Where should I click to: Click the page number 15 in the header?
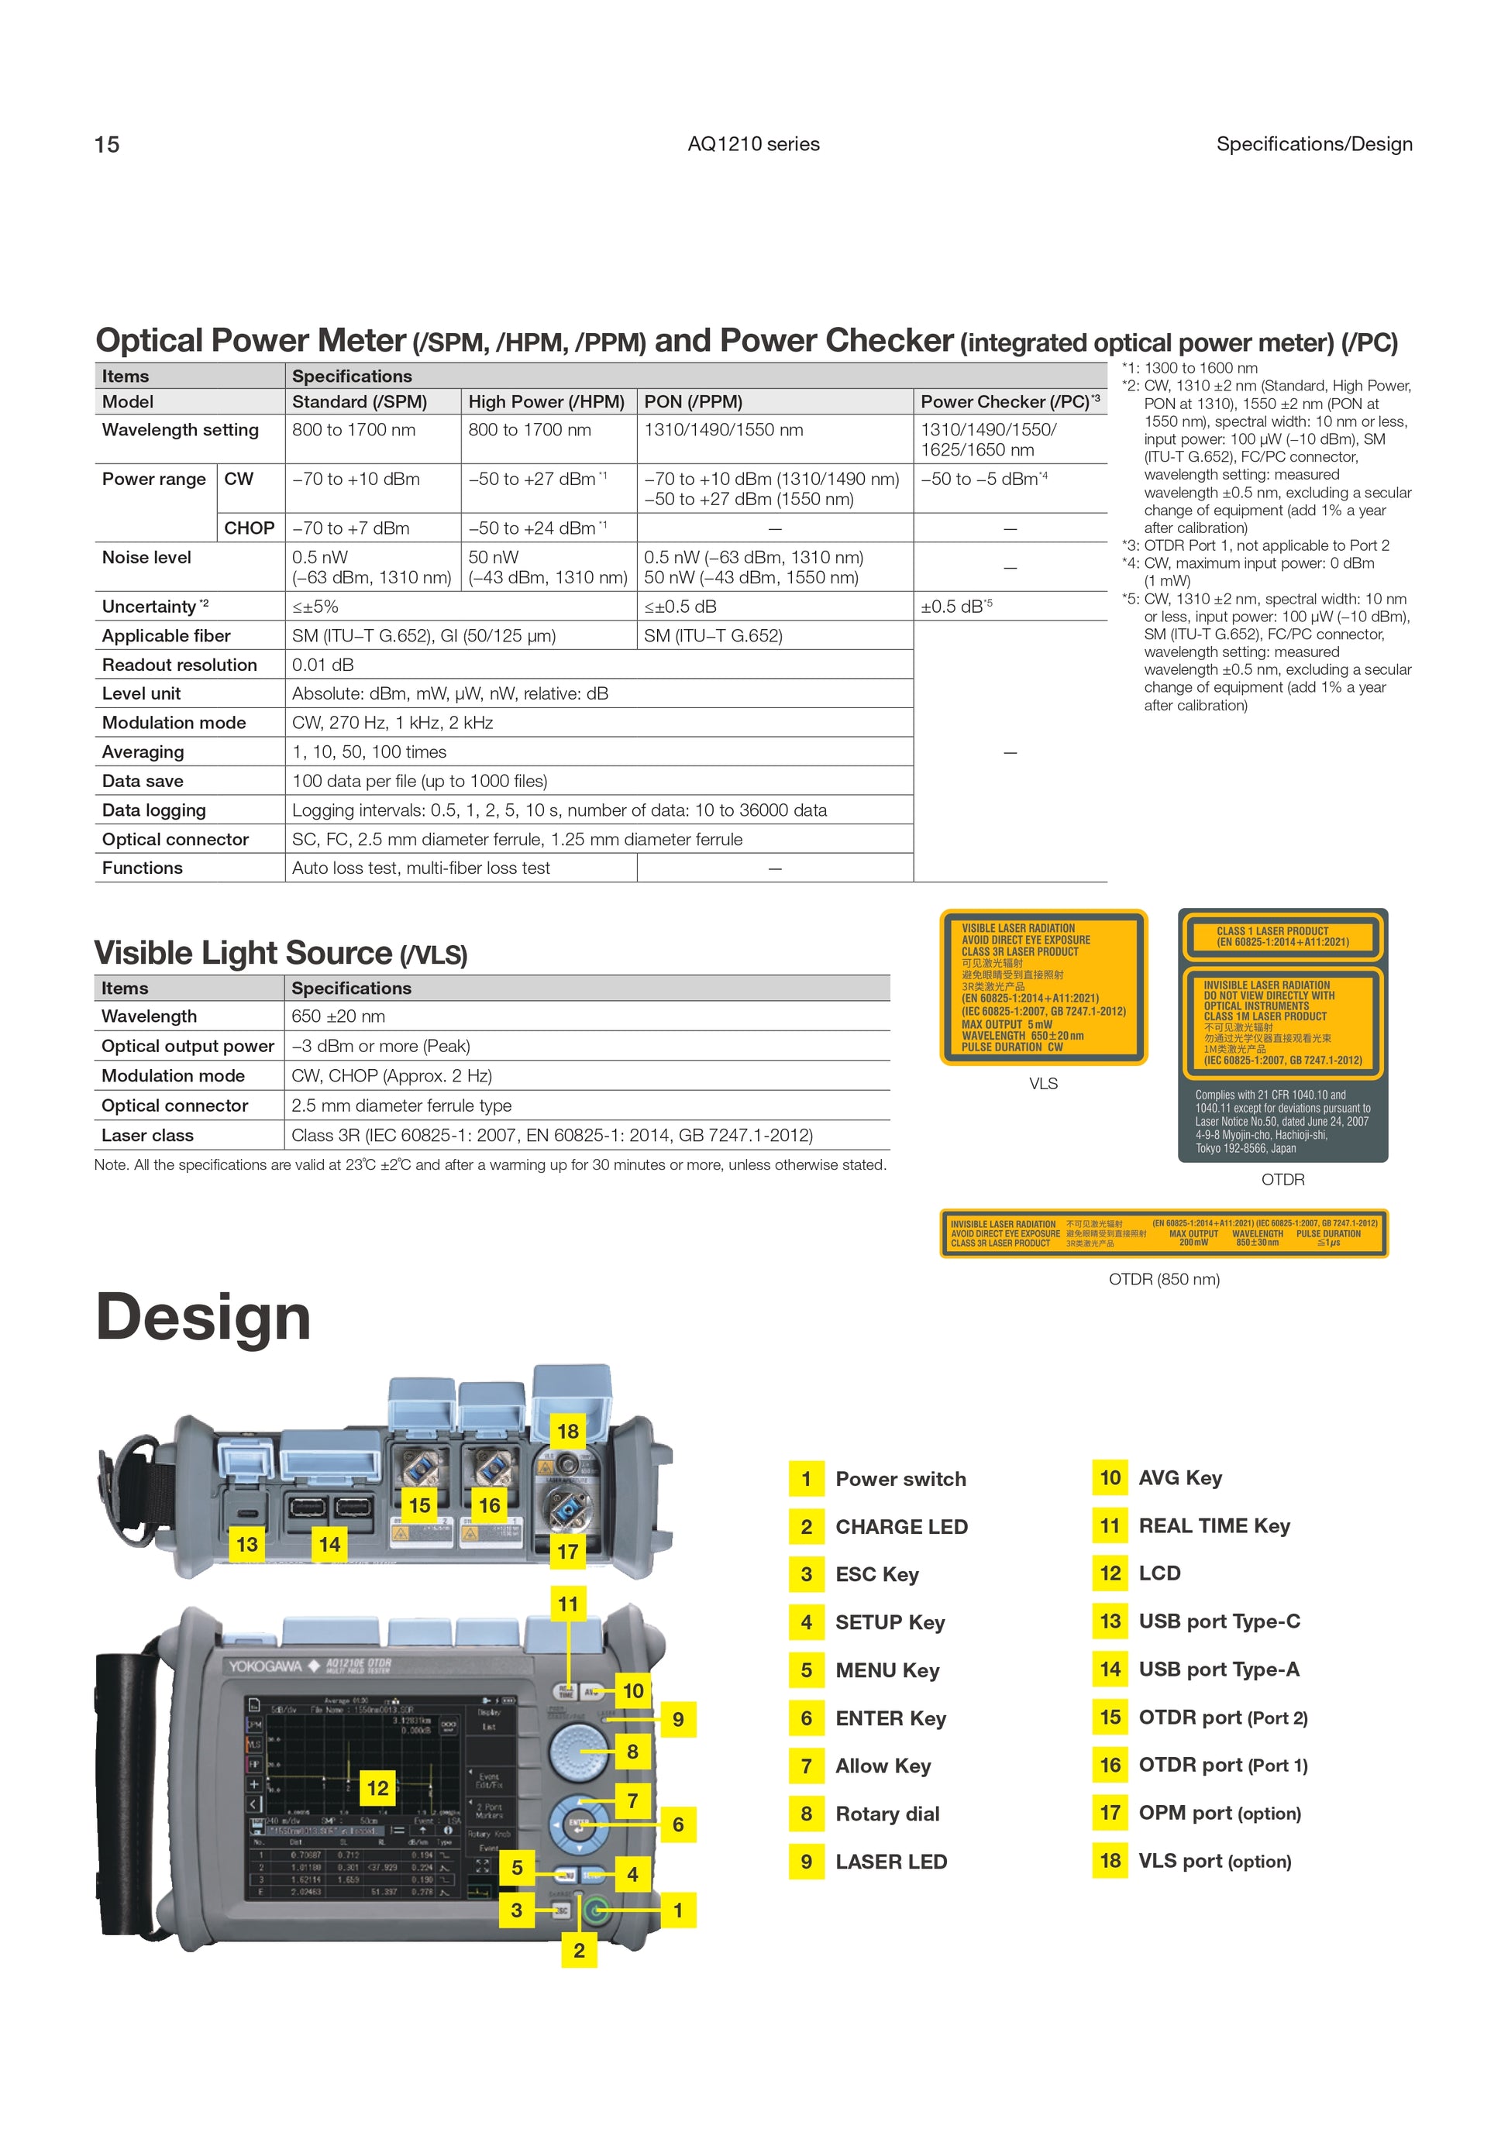(x=107, y=145)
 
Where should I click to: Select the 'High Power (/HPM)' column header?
(x=546, y=402)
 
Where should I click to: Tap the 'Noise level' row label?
(x=146, y=557)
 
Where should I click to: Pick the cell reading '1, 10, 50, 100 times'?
(x=370, y=752)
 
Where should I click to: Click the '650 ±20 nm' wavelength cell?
(x=338, y=1016)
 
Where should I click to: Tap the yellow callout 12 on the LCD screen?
(x=377, y=1787)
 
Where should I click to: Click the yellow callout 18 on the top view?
(x=568, y=1431)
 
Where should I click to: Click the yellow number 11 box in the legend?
(x=1110, y=1525)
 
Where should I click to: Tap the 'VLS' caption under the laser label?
(x=1043, y=1084)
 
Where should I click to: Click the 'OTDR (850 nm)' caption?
(x=1163, y=1280)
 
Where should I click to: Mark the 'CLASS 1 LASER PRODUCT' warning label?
(x=1282, y=936)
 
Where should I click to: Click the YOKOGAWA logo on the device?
(x=266, y=1666)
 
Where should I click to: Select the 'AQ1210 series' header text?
(x=753, y=145)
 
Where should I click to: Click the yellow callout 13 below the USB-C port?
(x=246, y=1544)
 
